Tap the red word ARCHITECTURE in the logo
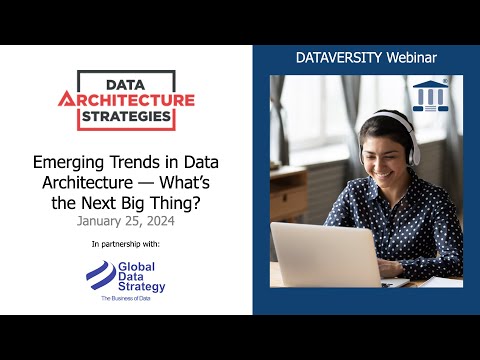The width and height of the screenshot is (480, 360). point(126,100)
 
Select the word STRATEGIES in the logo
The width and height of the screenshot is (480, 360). point(127,116)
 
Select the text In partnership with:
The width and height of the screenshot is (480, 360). point(125,243)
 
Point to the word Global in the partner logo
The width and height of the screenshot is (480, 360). point(136,267)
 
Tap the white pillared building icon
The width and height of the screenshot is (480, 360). point(431,96)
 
